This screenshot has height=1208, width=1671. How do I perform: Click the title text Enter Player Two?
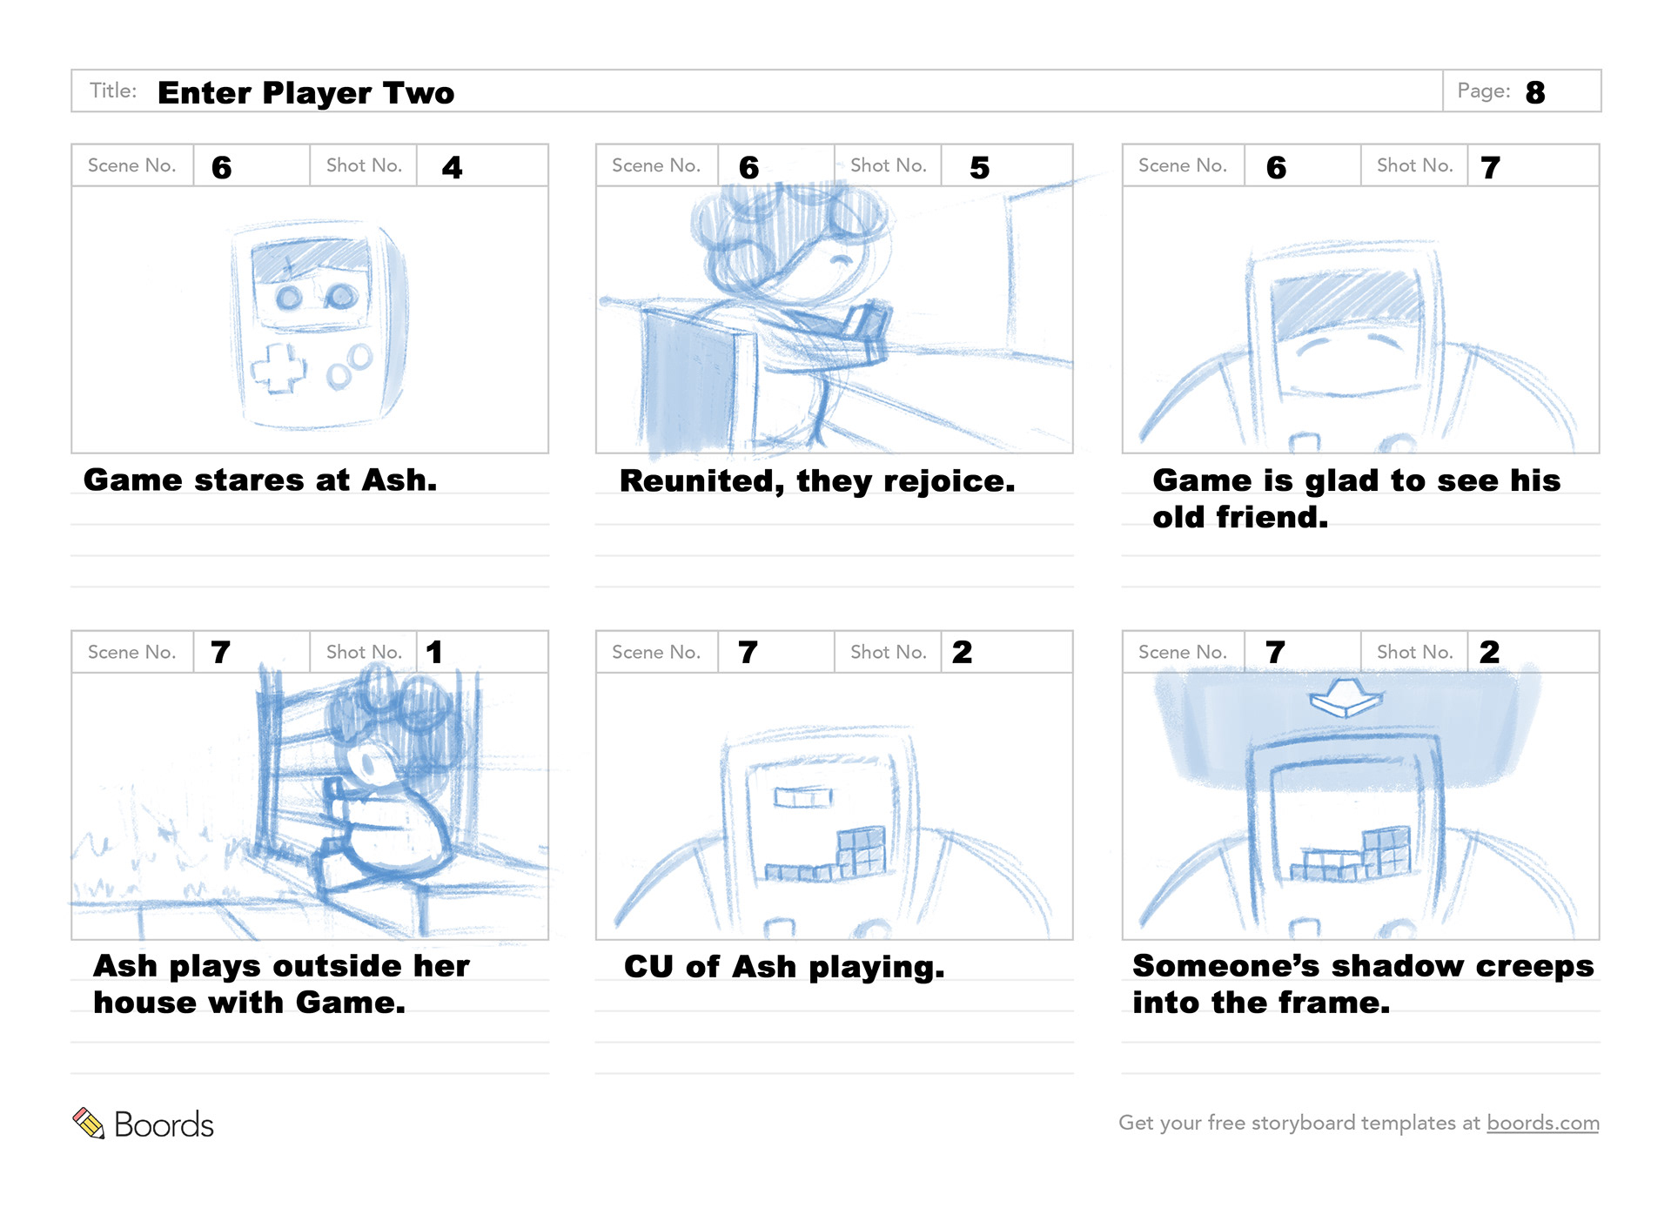305,92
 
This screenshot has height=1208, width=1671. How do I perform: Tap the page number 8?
1535,92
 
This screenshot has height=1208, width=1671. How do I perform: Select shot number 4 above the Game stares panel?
452,167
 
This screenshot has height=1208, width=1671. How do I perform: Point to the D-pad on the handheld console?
278,369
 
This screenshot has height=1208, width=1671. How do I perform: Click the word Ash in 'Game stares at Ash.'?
399,480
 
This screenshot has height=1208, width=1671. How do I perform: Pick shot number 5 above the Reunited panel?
979,167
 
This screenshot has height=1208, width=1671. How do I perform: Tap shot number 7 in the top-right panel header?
1490,167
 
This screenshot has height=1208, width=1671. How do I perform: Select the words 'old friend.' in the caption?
1240,517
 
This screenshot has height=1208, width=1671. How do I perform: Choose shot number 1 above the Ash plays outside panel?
434,652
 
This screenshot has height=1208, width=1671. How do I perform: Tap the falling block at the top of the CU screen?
802,796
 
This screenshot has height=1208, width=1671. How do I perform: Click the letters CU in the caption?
649,966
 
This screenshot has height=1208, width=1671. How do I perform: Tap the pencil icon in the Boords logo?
88,1123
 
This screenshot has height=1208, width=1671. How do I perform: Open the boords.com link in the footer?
1542,1123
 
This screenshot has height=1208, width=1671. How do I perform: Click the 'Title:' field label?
113,91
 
